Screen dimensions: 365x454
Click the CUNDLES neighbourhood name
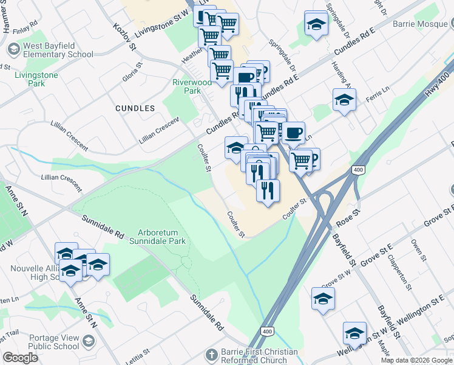pyautogui.click(x=135, y=108)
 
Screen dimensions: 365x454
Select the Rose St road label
pyautogui.click(x=348, y=217)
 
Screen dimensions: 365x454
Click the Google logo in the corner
pyautogui.click(x=20, y=358)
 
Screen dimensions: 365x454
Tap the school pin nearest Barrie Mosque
pyautogui.click(x=316, y=25)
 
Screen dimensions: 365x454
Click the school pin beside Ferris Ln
pyautogui.click(x=344, y=100)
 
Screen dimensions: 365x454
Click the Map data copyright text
pyautogui.click(x=416, y=360)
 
